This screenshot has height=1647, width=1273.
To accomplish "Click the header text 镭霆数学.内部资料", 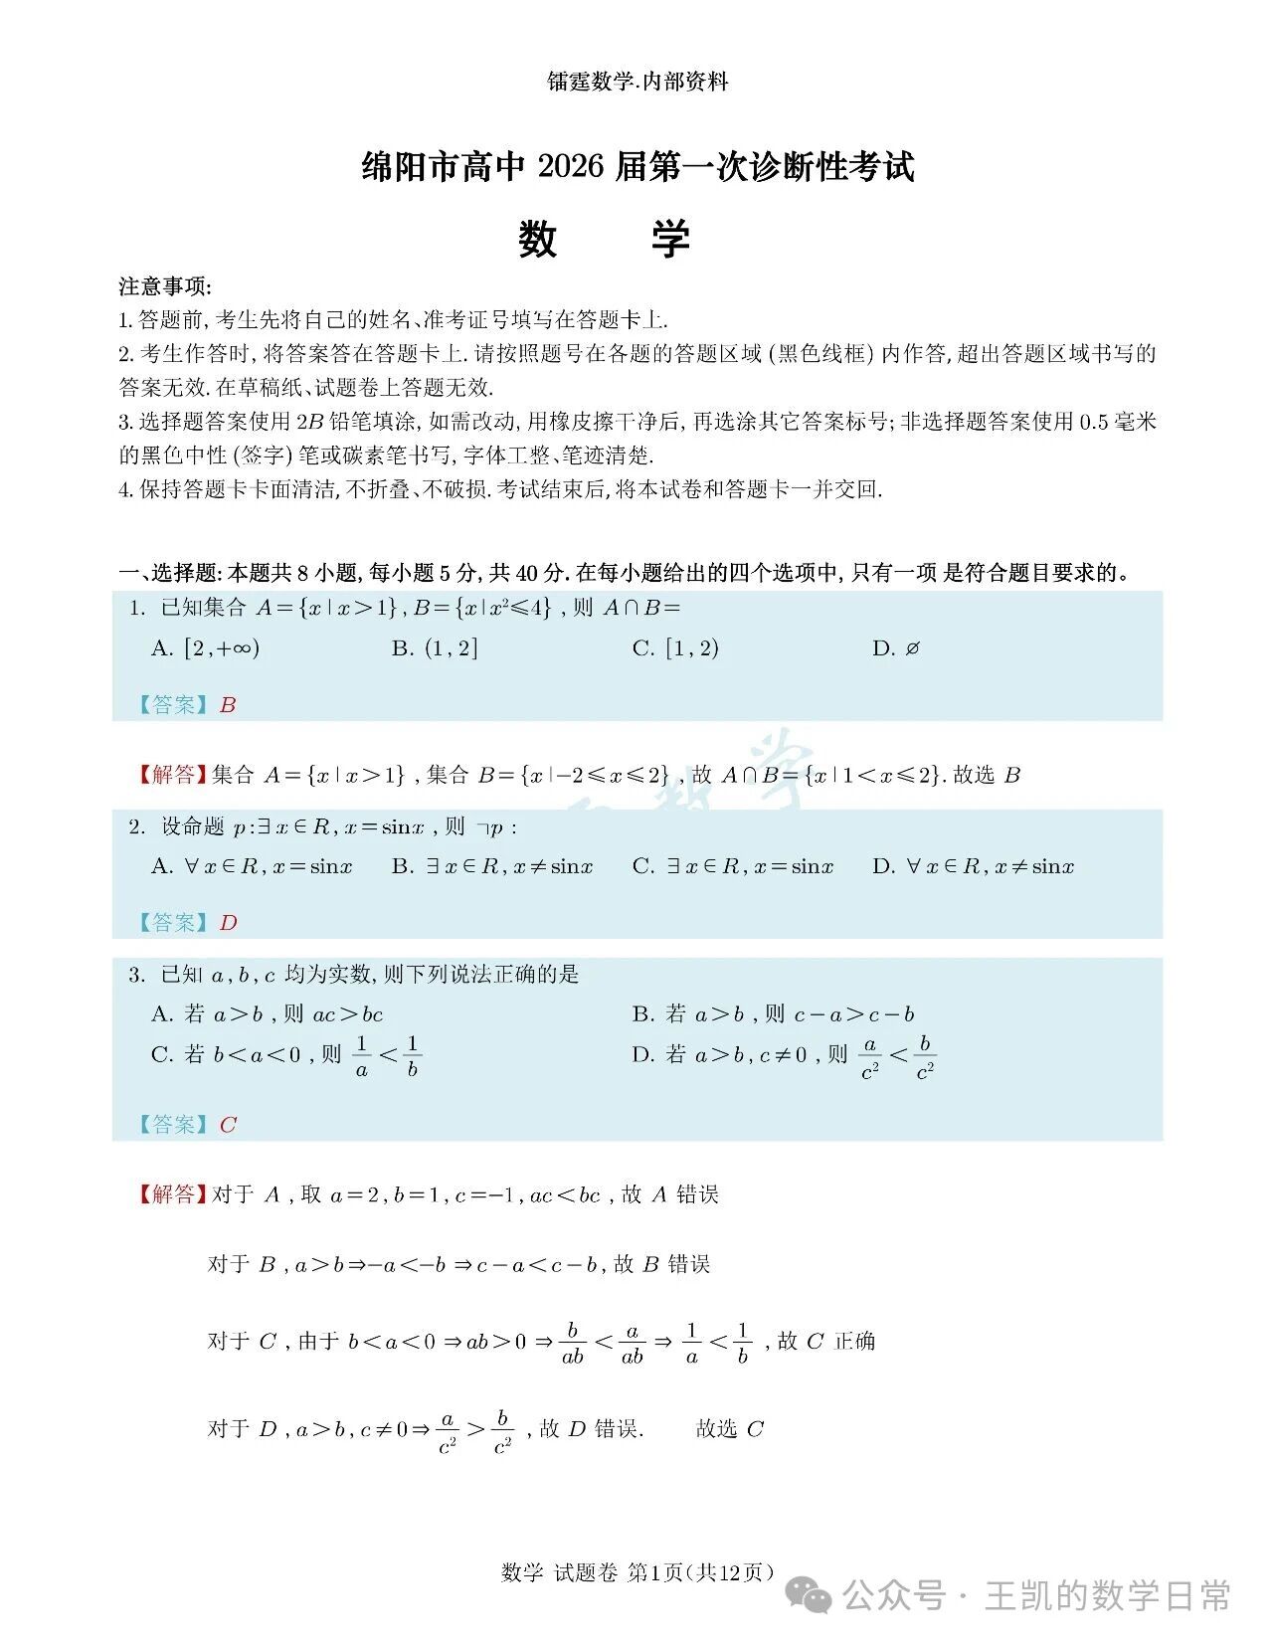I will [x=637, y=83].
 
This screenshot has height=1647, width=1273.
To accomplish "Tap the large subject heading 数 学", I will [x=604, y=240].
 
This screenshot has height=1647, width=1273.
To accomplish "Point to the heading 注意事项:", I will [x=164, y=286].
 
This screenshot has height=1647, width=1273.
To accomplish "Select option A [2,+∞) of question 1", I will [x=205, y=648].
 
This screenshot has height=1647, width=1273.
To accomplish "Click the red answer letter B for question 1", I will [x=228, y=705].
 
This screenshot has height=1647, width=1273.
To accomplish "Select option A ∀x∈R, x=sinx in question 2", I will [x=252, y=866].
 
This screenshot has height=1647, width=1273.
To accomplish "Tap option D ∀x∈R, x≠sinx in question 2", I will [x=974, y=866].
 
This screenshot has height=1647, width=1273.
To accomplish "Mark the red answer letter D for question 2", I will [x=228, y=923].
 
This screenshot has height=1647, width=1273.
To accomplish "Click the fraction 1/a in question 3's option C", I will [x=362, y=1056].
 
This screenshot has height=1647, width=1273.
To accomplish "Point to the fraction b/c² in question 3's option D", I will [x=924, y=1057].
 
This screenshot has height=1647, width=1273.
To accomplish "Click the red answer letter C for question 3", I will [x=228, y=1125].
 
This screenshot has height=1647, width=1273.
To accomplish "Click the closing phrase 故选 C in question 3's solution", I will [x=729, y=1430].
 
